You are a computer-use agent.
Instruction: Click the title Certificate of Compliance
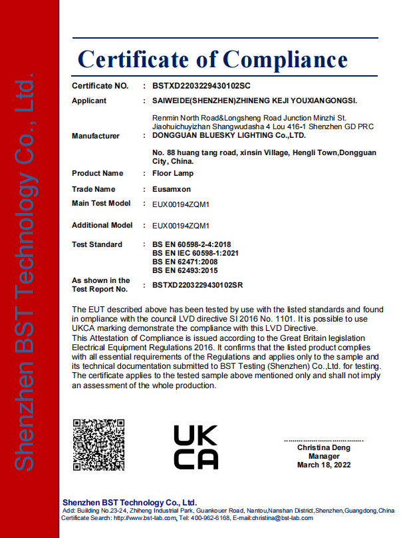click(213, 59)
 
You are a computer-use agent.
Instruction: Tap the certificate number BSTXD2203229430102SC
click(201, 87)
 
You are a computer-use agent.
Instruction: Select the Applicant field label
click(89, 101)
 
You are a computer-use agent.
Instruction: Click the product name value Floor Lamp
click(172, 173)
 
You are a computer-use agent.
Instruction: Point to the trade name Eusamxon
click(172, 189)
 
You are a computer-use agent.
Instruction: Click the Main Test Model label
click(101, 203)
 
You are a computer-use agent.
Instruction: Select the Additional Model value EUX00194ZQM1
click(181, 226)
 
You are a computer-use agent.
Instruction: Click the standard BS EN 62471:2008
click(186, 262)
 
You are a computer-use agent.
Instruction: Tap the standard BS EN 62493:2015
click(186, 271)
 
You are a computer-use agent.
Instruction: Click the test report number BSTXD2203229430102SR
click(198, 285)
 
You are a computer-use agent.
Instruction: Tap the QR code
click(98, 445)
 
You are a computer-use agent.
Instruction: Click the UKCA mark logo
click(196, 446)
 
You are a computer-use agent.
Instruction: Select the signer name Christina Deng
click(324, 448)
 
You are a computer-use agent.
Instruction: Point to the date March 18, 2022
click(324, 465)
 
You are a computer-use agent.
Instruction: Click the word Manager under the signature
click(324, 457)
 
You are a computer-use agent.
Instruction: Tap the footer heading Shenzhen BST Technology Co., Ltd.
click(130, 502)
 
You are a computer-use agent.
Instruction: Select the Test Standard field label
click(97, 245)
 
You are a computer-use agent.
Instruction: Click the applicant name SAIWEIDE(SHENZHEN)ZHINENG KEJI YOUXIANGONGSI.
click(255, 101)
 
